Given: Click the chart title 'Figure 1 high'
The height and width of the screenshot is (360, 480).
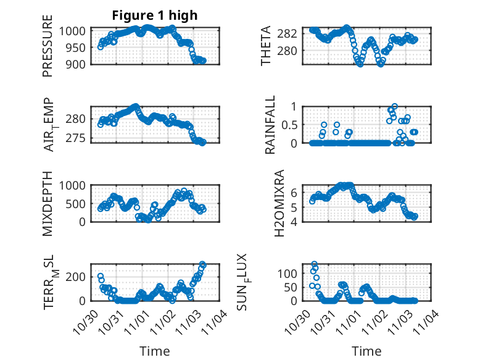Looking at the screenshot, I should tap(154, 15).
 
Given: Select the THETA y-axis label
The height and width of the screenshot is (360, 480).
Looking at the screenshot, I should tap(266, 46).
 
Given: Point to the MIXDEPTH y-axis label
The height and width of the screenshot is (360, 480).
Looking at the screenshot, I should tap(48, 204).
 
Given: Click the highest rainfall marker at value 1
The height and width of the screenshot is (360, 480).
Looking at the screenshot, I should tap(395, 106).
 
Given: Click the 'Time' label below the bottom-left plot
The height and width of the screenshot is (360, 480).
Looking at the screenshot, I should tap(154, 351).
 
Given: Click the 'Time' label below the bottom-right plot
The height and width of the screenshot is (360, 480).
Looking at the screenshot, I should tap(366, 351).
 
